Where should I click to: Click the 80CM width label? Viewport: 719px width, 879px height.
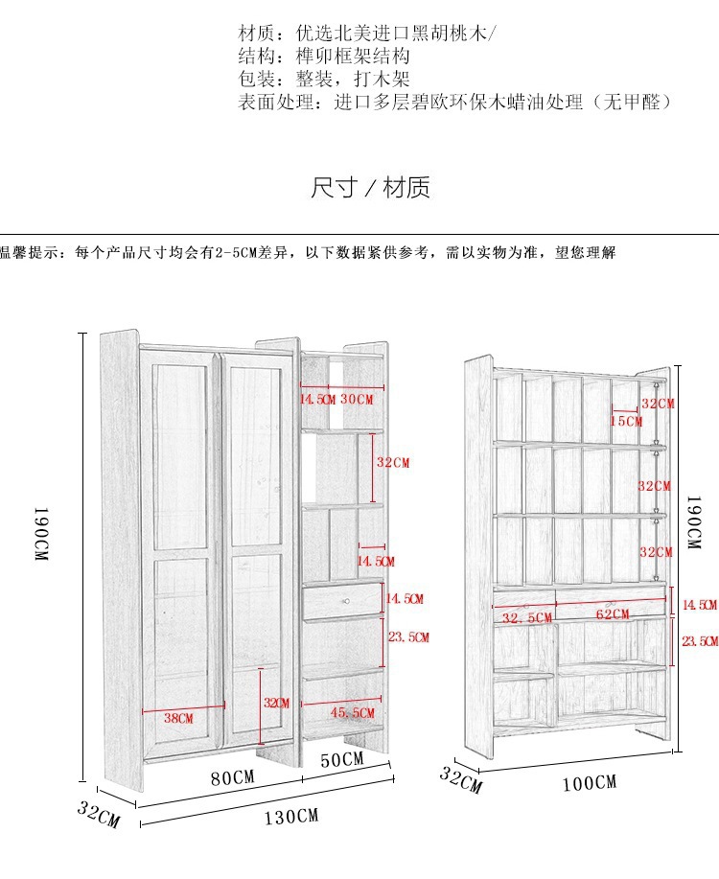232,777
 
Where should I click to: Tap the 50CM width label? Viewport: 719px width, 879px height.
342,759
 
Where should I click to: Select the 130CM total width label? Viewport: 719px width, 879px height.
291,817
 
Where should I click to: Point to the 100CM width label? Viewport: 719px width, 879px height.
589,782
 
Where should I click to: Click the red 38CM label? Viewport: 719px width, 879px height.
177,718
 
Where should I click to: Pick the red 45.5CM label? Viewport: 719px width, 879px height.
352,712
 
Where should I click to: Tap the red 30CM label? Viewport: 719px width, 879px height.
357,399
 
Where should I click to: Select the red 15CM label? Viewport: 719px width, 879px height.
627,421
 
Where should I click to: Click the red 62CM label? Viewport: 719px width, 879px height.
613,614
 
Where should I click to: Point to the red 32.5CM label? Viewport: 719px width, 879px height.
527,618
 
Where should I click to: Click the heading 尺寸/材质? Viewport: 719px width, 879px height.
371,188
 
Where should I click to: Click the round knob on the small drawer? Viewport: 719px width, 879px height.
347,600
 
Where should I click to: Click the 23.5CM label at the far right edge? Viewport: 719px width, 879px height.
700,641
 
